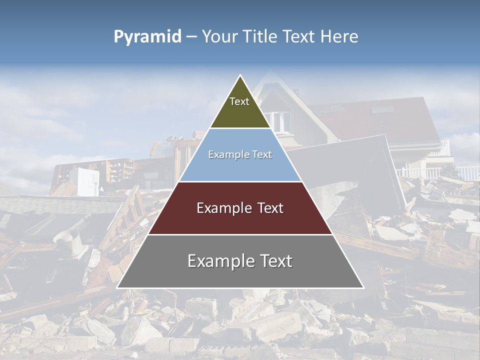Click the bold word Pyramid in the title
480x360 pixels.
click(x=147, y=37)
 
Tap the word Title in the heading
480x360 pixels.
click(x=262, y=37)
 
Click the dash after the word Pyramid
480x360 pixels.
click(x=191, y=37)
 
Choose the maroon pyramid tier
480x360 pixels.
click(x=240, y=220)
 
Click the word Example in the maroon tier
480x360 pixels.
click(x=222, y=208)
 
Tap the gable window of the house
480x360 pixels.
click(x=280, y=121)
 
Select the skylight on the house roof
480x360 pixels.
click(x=381, y=109)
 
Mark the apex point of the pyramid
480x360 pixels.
click(x=240, y=75)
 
